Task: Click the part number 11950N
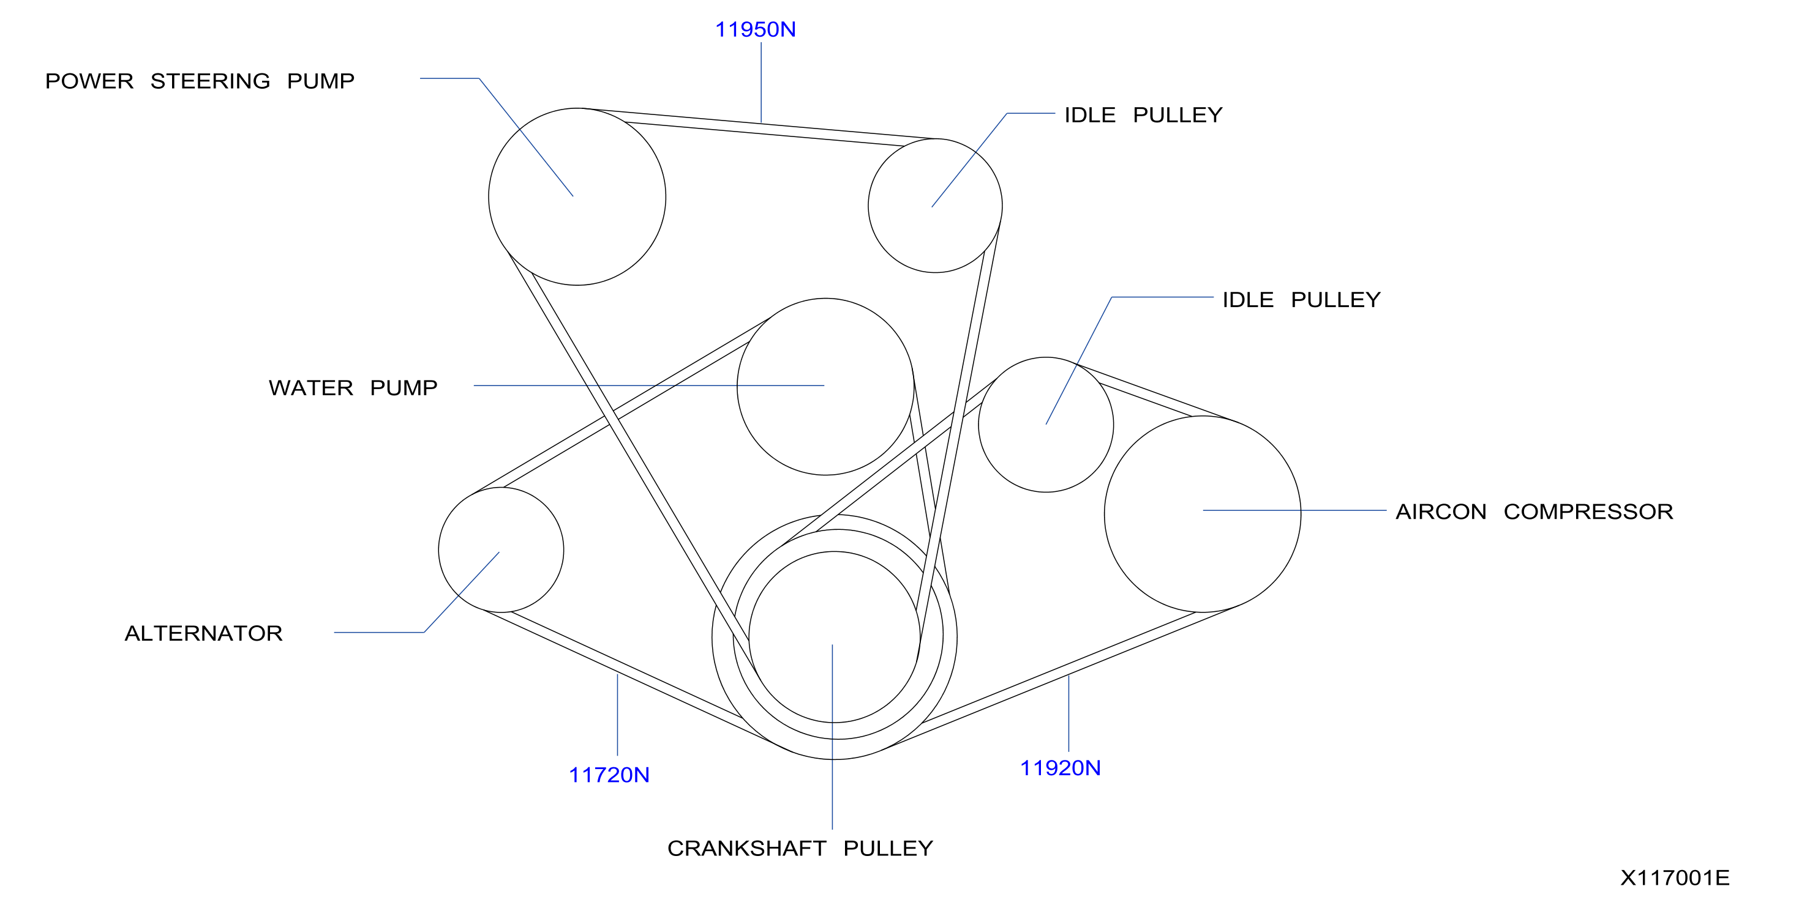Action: click(755, 29)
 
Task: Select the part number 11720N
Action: click(609, 775)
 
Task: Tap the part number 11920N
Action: click(1060, 768)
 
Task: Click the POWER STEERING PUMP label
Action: click(200, 81)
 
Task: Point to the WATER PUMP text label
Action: click(353, 387)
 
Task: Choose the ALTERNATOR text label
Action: click(203, 633)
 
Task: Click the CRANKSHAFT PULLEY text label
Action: click(800, 848)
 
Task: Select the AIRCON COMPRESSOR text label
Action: click(1534, 512)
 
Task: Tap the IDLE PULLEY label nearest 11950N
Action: click(1143, 114)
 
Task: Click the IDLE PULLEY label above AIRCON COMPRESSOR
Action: click(1301, 299)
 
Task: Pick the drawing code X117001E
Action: click(1675, 877)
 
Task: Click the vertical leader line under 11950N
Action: click(761, 83)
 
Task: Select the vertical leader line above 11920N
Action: click(1069, 713)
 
